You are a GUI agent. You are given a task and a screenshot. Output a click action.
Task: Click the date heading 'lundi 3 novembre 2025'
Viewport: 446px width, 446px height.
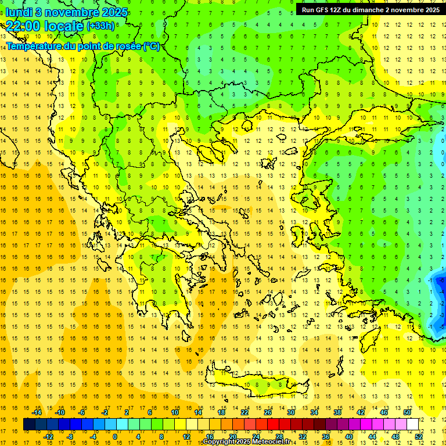click(60, 12)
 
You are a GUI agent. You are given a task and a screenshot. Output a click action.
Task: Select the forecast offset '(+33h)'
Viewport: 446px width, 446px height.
click(100, 26)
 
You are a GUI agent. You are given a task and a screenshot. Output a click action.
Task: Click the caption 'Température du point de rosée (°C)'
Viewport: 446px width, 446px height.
click(83, 46)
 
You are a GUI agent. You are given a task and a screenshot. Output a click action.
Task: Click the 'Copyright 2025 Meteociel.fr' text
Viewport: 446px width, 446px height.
click(246, 441)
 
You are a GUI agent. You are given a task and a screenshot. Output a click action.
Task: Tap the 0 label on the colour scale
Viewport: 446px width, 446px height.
click(115, 436)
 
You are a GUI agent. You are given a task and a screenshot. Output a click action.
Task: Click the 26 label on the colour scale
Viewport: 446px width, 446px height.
click(268, 412)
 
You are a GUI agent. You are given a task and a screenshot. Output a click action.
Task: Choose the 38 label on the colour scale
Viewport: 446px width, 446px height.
click(337, 412)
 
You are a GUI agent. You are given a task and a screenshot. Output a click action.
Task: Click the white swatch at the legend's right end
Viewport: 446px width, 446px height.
click(413, 424)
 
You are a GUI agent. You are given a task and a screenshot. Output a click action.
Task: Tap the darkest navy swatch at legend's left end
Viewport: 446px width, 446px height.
click(30, 424)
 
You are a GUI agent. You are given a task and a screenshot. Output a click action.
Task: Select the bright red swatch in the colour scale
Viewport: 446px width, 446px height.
click(274, 424)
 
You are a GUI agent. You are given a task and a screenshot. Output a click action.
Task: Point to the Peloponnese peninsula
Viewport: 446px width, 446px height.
click(168, 290)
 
